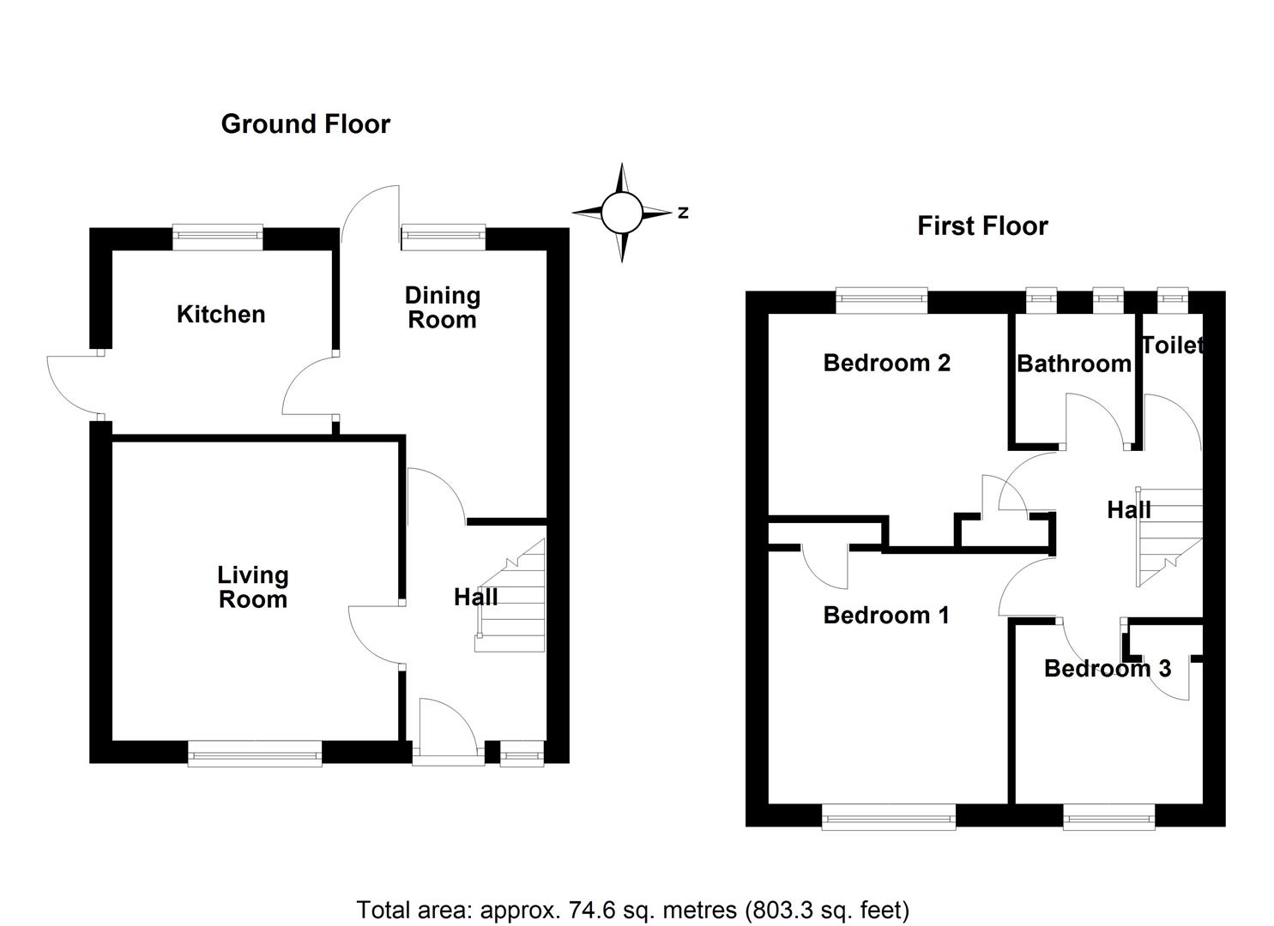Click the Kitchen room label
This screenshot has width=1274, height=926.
220,315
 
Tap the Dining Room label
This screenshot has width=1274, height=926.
442,308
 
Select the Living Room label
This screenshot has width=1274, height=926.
252,587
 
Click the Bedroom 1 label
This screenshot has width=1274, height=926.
886,616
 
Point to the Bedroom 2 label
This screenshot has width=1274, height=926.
886,363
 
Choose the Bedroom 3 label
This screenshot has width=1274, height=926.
1107,669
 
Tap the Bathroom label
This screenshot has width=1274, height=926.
1073,364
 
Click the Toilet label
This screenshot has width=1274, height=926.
1172,346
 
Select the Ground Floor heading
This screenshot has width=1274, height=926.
305,124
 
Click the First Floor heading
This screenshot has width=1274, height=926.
982,226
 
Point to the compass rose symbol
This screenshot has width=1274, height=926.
622,213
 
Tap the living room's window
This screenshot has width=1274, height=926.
255,754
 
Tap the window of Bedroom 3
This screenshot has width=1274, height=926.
1108,817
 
